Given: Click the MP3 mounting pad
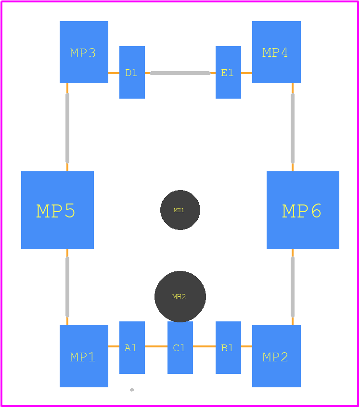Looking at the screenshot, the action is tap(84, 52).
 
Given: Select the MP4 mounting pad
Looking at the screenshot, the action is tap(276, 52).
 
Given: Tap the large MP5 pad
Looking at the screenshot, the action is tap(58, 210).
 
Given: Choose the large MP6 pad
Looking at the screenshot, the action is tap(303, 210).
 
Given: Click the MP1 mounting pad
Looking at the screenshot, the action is tap(84, 356).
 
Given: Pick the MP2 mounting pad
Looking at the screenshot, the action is tap(276, 356).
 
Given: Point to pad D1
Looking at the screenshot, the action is tap(132, 72).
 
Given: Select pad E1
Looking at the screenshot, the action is tap(228, 72).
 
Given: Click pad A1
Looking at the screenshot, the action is tap(132, 348).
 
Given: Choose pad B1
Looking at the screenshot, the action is tap(228, 348).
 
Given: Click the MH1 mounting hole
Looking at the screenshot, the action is tap(180, 210).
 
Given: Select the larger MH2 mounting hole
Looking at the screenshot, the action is tap(180, 297).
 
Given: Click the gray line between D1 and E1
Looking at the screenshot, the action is tap(180, 73).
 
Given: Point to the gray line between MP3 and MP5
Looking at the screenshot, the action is tap(67, 128).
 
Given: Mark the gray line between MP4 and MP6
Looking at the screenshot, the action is tap(293, 128).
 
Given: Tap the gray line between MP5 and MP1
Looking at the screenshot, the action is tap(67, 287).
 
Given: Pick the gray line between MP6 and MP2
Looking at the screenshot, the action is tap(293, 287).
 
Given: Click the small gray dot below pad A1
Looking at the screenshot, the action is tap(132, 390).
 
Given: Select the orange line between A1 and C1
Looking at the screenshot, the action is tap(156, 346).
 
